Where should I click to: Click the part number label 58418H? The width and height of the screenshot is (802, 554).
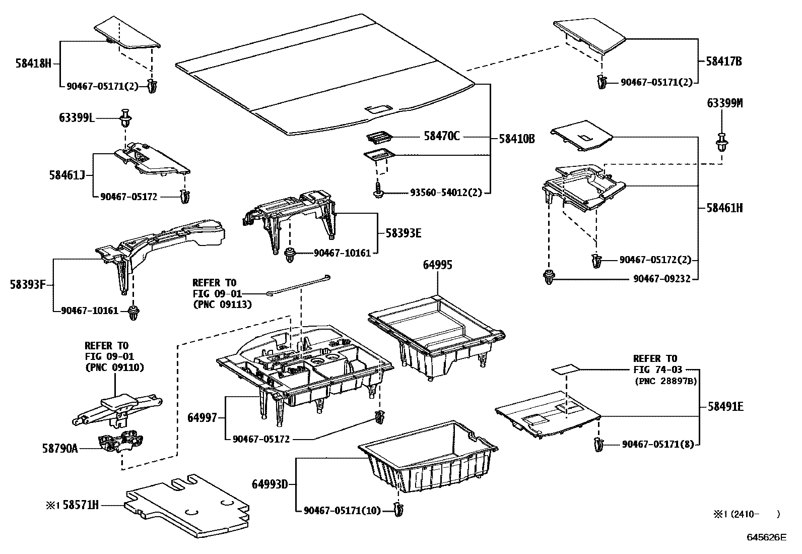click(x=33, y=64)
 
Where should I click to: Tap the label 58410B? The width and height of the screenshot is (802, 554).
click(x=516, y=138)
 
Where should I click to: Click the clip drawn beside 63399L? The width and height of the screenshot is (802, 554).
click(x=125, y=119)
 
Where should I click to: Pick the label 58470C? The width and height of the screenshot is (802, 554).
click(x=442, y=137)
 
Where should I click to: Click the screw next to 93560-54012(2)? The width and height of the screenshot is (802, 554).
click(x=378, y=192)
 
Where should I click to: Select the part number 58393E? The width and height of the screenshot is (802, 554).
click(x=404, y=233)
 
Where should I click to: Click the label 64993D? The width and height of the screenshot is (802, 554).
click(x=270, y=484)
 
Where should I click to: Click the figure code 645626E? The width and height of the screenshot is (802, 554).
click(x=766, y=537)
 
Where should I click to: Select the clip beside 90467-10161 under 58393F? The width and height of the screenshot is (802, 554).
click(x=133, y=313)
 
